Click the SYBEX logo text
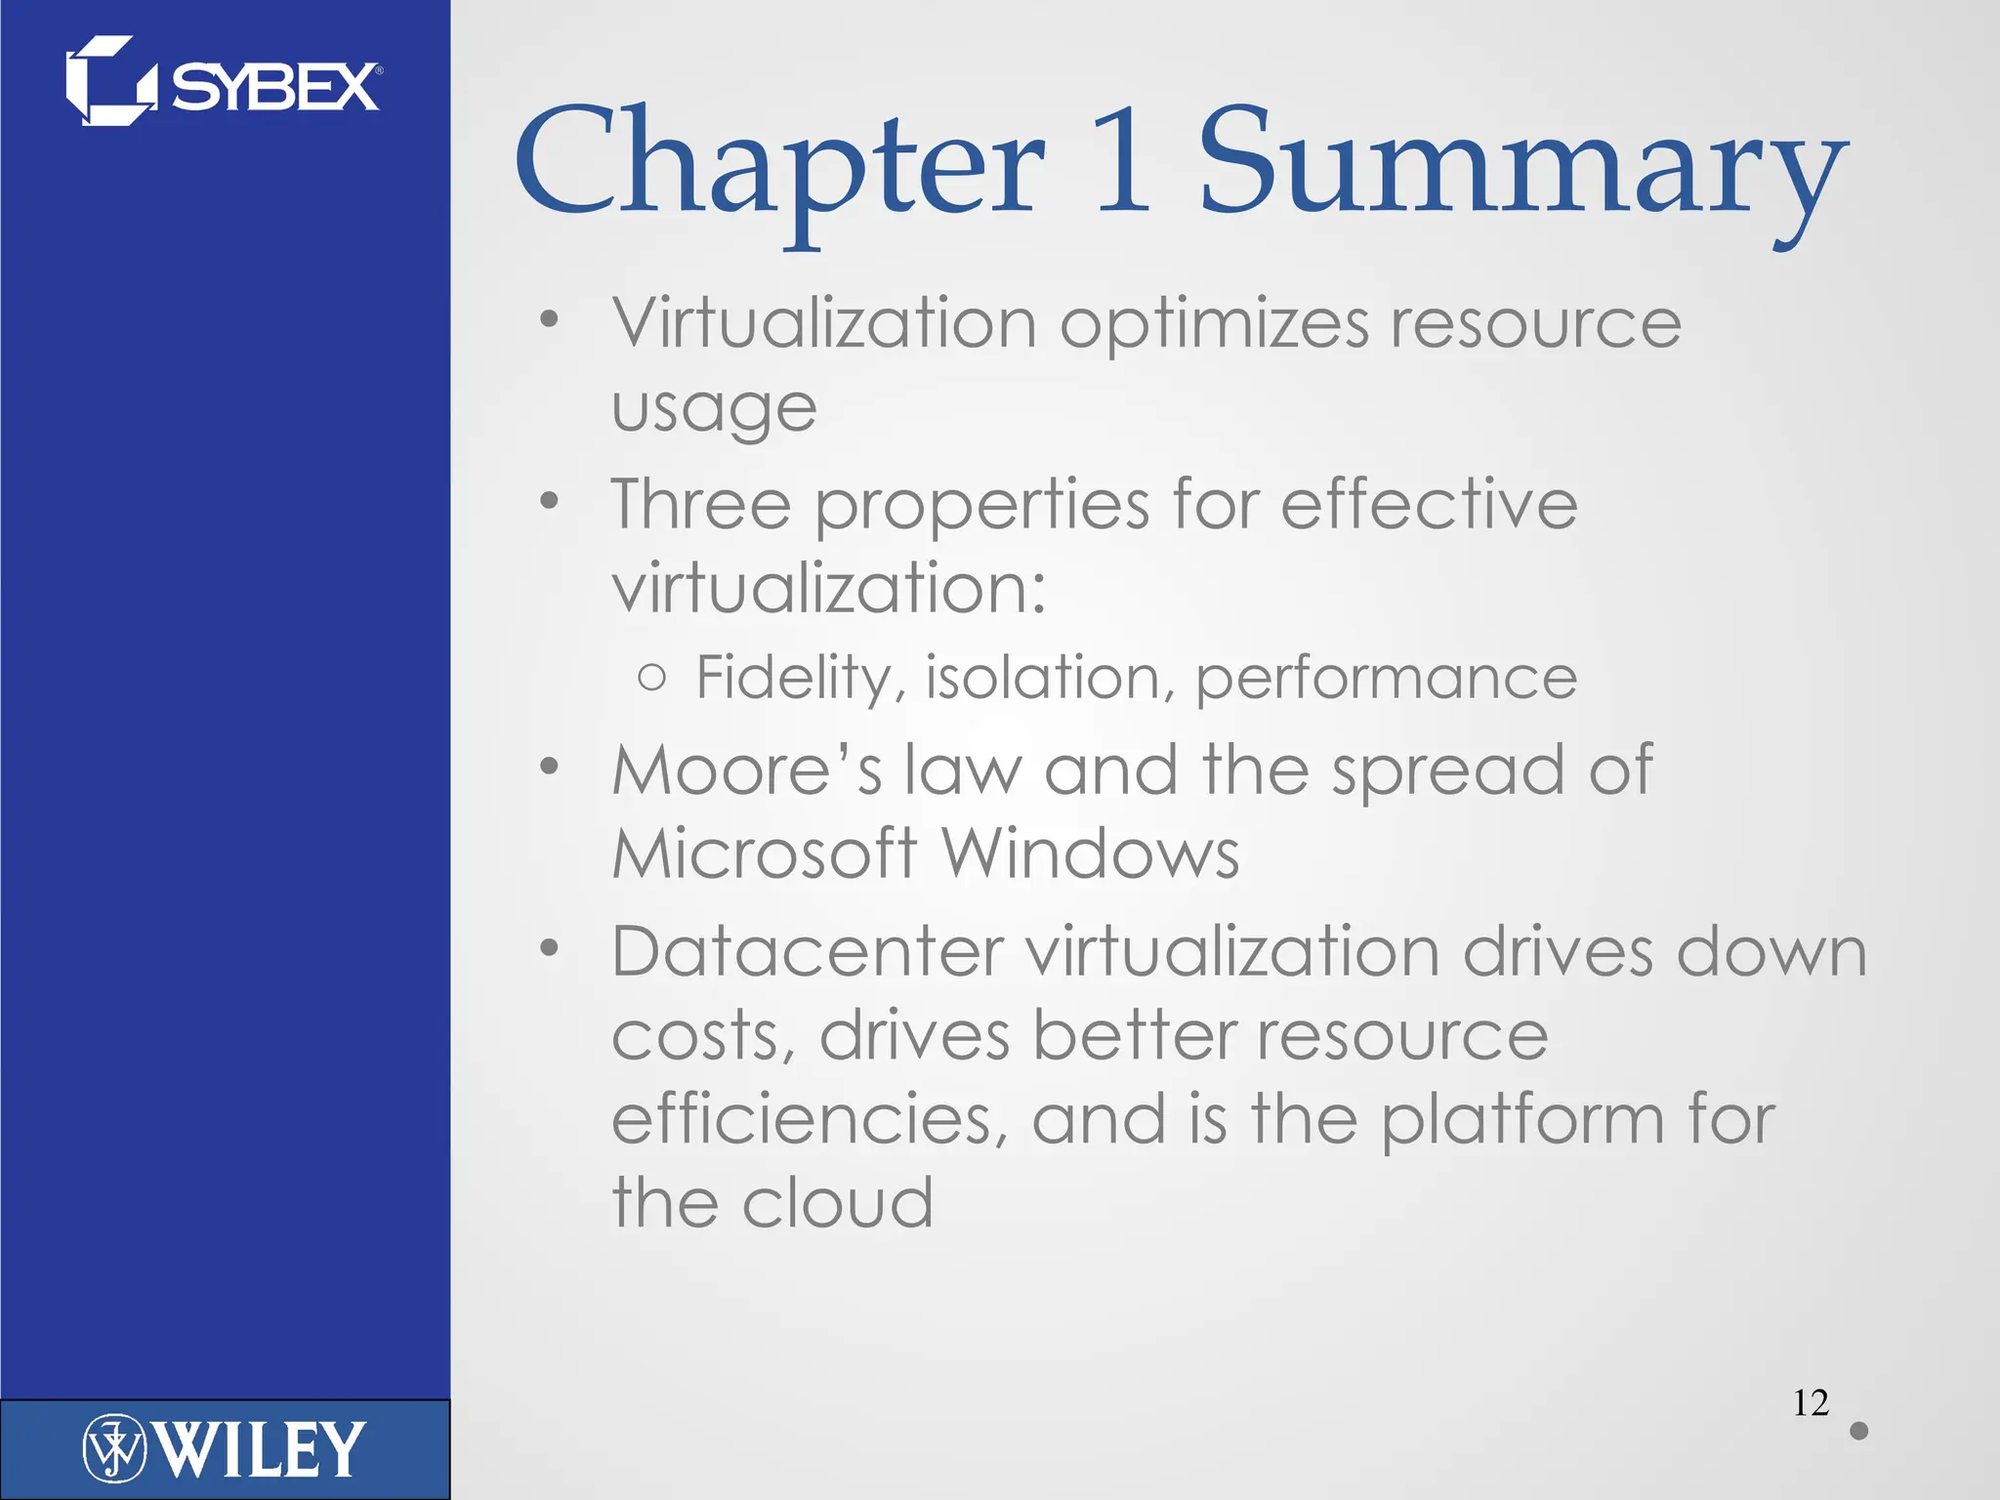click(x=275, y=88)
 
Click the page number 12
click(x=1811, y=1403)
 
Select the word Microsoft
click(x=764, y=854)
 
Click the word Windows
click(x=1090, y=854)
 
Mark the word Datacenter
click(x=808, y=951)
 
